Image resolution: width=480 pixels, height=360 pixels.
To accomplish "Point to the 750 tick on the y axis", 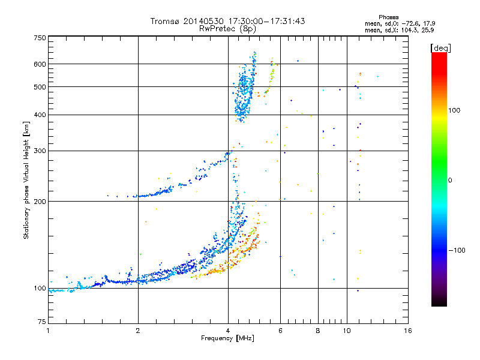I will tap(40, 38).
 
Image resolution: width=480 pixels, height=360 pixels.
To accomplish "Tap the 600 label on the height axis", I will tap(40, 64).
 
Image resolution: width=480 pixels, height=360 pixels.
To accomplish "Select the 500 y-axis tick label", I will tap(40, 87).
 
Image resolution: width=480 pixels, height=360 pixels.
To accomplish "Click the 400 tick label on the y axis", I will tap(40, 115).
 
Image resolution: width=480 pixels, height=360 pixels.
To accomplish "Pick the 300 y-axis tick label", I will tap(40, 151).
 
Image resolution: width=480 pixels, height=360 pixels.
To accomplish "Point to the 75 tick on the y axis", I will tap(41, 322).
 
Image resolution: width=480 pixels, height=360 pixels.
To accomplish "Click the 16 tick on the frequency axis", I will tap(407, 331).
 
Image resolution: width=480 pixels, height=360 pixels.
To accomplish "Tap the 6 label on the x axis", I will tap(280, 331).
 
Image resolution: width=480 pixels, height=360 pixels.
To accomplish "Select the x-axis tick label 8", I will tap(317, 331).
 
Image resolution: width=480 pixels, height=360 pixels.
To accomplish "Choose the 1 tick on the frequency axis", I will tap(48, 331).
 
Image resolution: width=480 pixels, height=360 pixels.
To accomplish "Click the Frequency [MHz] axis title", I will tap(227, 339).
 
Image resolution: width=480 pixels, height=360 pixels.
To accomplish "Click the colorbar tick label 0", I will tap(450, 180).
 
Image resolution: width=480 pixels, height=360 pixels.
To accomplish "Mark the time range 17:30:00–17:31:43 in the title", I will tap(260, 21).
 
